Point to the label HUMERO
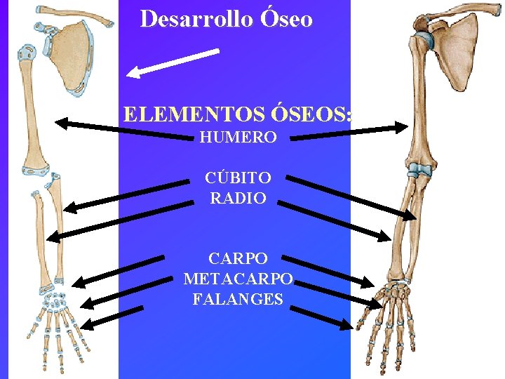[238, 138]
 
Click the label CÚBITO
[238, 178]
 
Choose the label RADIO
[238, 199]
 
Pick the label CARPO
[238, 258]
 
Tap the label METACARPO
[238, 279]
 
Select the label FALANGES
[238, 299]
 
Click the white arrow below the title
[173, 62]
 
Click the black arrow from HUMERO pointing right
[349, 133]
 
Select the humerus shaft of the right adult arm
[421, 105]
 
